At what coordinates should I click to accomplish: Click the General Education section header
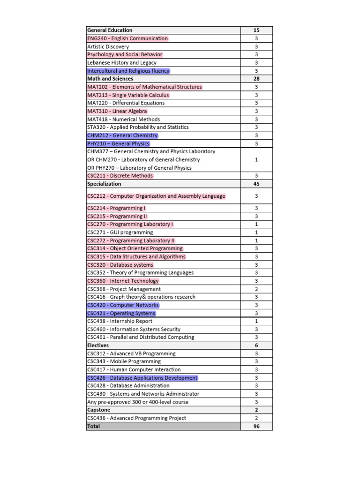click(x=110, y=30)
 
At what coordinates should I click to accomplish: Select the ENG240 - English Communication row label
click(x=127, y=38)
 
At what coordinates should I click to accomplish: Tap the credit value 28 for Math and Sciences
click(x=256, y=79)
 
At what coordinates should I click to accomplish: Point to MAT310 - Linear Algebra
click(x=117, y=111)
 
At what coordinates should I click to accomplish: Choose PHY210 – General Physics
click(x=119, y=143)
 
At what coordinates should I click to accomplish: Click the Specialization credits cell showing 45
click(x=256, y=184)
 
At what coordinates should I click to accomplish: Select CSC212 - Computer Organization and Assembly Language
click(x=156, y=196)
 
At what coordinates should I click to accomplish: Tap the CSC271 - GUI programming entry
click(x=120, y=232)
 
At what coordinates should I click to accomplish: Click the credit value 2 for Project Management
click(x=256, y=289)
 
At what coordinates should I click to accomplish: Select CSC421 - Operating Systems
click(x=121, y=313)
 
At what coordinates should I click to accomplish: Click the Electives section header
click(x=98, y=345)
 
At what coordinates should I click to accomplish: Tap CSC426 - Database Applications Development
click(x=142, y=378)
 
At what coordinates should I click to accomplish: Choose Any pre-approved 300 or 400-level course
click(x=138, y=402)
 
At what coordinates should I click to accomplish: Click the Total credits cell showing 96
click(x=256, y=426)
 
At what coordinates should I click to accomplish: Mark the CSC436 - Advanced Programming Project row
click(x=136, y=418)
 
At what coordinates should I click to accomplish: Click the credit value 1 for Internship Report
click(x=256, y=321)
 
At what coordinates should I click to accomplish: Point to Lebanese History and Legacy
click(x=122, y=63)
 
